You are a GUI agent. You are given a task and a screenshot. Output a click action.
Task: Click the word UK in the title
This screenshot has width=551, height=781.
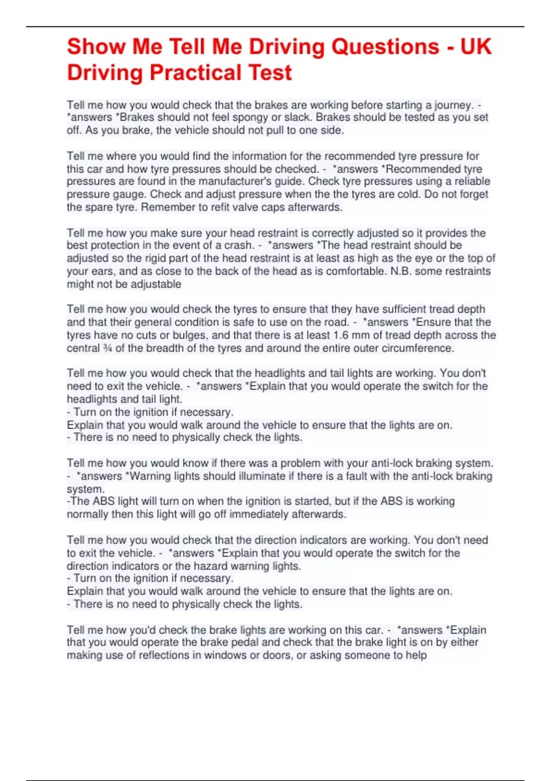[476, 47]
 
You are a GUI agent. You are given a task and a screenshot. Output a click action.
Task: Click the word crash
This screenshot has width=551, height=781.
[238, 245]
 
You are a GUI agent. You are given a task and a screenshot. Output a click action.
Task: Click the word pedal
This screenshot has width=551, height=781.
[245, 643]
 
